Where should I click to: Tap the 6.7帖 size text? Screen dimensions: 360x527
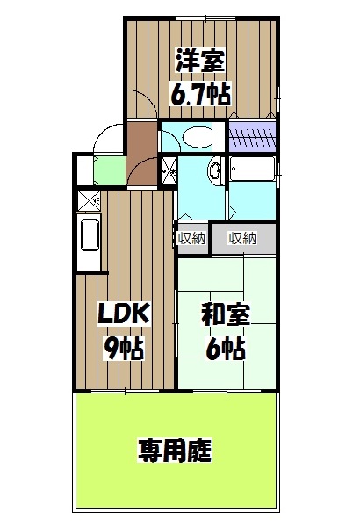201,94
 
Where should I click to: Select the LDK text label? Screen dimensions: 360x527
123,314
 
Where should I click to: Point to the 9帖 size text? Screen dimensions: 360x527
124,348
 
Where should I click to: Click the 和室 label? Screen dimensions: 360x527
226,314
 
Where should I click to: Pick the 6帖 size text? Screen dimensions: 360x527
226,348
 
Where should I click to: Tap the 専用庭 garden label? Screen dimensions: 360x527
175,451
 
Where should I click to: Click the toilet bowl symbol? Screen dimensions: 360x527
198,137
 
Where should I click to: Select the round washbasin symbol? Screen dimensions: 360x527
215,170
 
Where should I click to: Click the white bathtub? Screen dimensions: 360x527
252,169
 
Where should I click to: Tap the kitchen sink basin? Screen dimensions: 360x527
89,235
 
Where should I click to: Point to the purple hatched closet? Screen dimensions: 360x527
252,136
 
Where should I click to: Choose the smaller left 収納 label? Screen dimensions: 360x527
191,238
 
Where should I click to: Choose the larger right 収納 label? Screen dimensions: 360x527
242,238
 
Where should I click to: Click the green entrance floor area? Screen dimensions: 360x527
110,170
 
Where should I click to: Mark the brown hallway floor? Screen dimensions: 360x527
142,153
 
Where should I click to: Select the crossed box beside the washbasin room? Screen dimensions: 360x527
169,171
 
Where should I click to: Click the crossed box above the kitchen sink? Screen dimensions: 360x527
89,201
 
